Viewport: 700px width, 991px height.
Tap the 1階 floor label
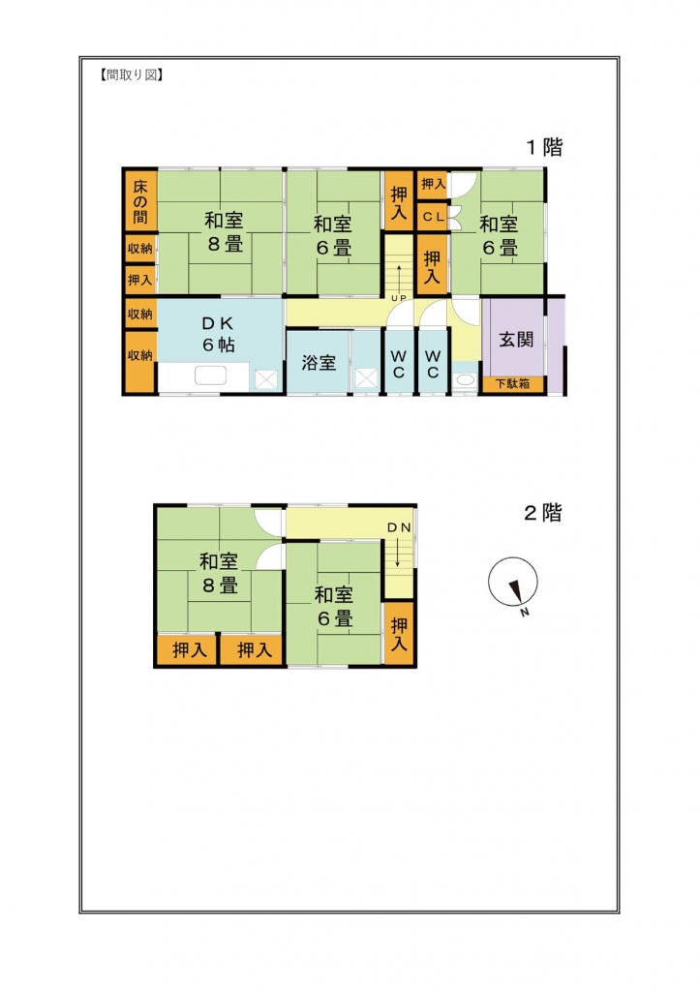(x=544, y=148)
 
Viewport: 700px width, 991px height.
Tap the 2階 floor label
(x=543, y=514)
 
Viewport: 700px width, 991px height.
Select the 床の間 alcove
(x=140, y=201)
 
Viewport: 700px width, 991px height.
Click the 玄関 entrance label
(x=515, y=341)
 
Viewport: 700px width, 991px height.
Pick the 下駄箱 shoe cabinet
(x=513, y=384)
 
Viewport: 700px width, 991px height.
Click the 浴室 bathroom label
(x=319, y=363)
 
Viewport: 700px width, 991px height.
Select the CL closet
(x=432, y=217)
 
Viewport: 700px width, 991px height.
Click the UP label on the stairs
(x=397, y=297)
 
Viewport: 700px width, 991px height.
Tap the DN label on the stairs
(x=399, y=527)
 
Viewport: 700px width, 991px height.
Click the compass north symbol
(x=512, y=584)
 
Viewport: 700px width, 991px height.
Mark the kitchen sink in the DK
(x=210, y=376)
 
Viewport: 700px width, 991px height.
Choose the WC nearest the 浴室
(x=398, y=363)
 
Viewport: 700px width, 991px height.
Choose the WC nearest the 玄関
(x=432, y=363)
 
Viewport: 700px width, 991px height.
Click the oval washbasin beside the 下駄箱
(x=465, y=380)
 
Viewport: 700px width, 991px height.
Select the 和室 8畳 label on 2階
(x=220, y=573)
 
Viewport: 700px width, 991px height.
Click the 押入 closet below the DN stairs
(x=399, y=634)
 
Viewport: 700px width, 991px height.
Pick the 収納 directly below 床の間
(x=140, y=249)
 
